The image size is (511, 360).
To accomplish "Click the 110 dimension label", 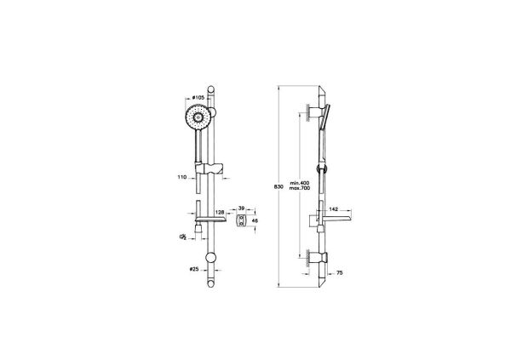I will tap(182, 178).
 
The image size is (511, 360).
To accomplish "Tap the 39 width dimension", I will tap(243, 208).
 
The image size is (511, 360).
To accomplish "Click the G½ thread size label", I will tap(181, 237).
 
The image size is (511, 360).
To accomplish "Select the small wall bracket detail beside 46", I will tap(242, 221).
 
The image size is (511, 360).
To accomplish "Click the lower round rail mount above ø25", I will tap(211, 259).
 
